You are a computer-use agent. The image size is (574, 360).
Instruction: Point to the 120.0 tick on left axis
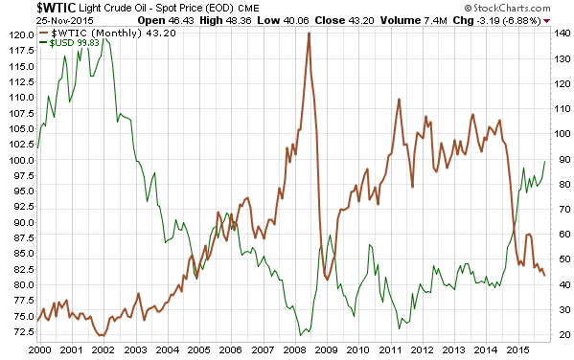click(x=17, y=34)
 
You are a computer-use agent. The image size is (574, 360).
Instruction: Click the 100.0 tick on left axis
click(x=17, y=160)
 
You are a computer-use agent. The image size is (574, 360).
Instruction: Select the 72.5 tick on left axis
click(x=19, y=332)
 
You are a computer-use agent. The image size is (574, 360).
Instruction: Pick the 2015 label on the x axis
click(x=517, y=349)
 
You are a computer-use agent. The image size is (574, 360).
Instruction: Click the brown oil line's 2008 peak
click(x=309, y=34)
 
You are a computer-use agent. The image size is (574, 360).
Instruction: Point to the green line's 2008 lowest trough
click(x=300, y=335)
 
